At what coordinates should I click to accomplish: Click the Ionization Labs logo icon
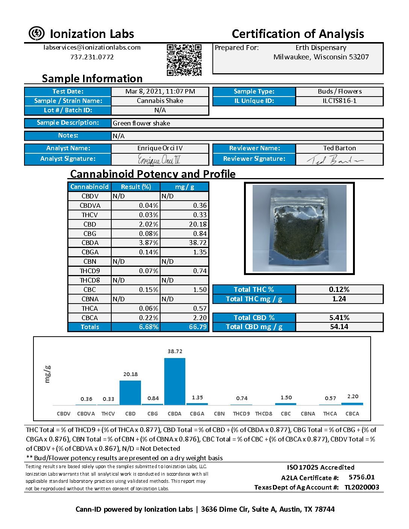(x=36, y=33)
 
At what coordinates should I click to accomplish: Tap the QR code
(x=184, y=60)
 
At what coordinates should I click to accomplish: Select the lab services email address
(x=92, y=47)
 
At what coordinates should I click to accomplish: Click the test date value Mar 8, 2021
(x=160, y=91)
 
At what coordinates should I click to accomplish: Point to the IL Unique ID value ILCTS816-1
(x=339, y=101)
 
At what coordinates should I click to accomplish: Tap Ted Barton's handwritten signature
(x=335, y=160)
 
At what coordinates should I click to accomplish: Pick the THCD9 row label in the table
(x=89, y=271)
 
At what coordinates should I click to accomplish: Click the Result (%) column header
(x=136, y=187)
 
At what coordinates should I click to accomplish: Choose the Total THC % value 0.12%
(x=339, y=289)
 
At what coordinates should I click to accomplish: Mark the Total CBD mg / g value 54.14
(x=339, y=326)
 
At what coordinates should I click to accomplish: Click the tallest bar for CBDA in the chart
(x=175, y=381)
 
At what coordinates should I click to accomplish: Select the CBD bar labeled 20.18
(x=130, y=393)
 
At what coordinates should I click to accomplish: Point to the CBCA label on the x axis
(x=352, y=414)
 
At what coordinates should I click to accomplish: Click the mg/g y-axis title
(x=47, y=374)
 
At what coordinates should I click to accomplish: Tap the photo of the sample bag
(x=299, y=228)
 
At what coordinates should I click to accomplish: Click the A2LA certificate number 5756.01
(x=362, y=477)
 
